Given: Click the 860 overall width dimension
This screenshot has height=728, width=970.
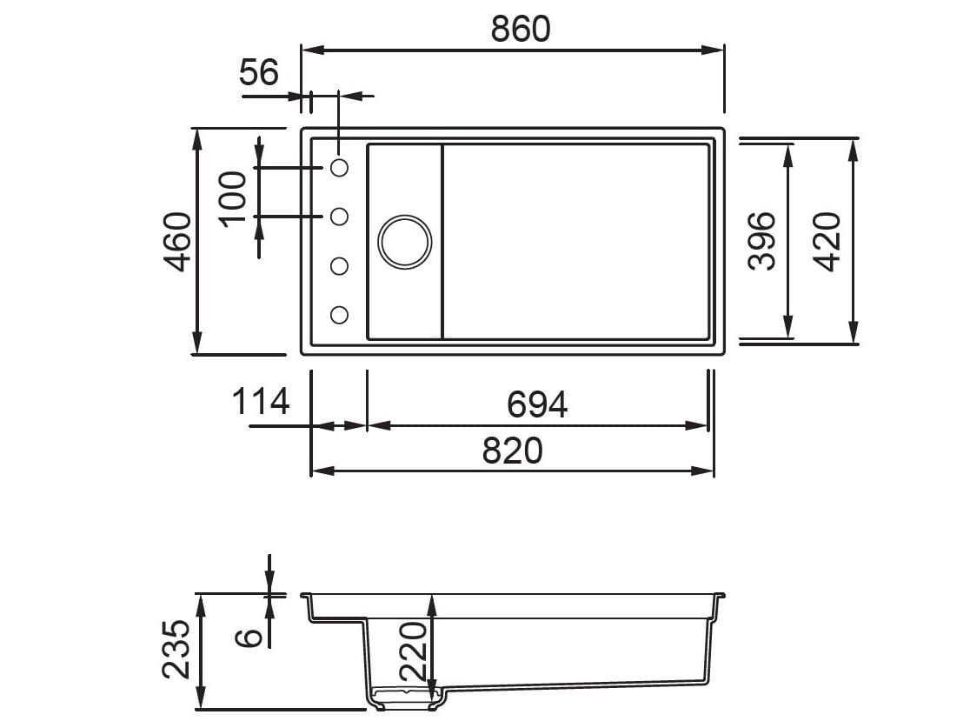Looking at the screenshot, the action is pos(521,29).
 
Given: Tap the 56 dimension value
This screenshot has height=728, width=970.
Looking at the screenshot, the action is pos(259,72).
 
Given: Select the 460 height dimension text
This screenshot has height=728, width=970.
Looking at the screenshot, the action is pos(178,242).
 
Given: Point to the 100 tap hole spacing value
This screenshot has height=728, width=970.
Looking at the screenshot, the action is pos(233,199).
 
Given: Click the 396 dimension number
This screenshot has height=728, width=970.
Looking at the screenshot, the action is pos(761,241).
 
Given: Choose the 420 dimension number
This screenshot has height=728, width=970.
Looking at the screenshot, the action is pos(827,242).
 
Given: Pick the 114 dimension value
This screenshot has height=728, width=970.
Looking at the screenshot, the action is pos(261,401).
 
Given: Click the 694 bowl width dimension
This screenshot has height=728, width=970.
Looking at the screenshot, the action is pos(537,404).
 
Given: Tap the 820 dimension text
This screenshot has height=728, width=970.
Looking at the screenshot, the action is pos(512,451).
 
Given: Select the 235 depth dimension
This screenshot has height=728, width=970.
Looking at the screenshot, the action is pos(176,649).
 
